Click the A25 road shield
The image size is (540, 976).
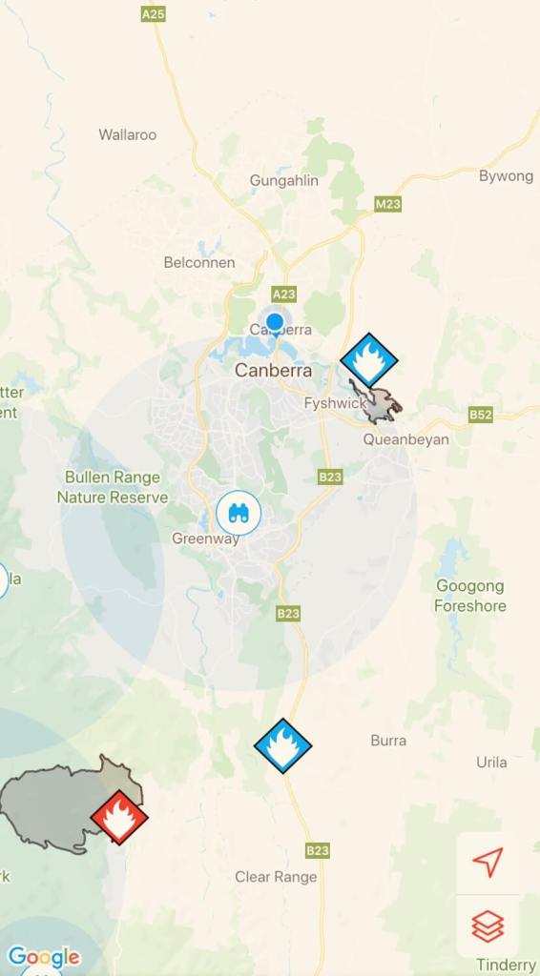pyautogui.click(x=153, y=14)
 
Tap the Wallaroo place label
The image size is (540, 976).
pyautogui.click(x=127, y=134)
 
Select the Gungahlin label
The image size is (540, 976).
pyautogui.click(x=283, y=180)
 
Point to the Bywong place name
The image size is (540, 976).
pyautogui.click(x=506, y=176)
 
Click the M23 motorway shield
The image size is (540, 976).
pyautogui.click(x=387, y=204)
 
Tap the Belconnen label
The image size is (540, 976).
pyautogui.click(x=199, y=262)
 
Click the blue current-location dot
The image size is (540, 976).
pyautogui.click(x=275, y=321)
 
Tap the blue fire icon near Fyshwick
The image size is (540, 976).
pyautogui.click(x=368, y=360)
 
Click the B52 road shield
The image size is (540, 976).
pyautogui.click(x=481, y=415)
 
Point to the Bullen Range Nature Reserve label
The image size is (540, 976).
pyautogui.click(x=113, y=487)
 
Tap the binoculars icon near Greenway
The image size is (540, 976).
pyautogui.click(x=239, y=514)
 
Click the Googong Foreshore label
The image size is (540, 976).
pyautogui.click(x=470, y=596)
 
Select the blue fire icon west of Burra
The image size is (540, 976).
pyautogui.click(x=283, y=745)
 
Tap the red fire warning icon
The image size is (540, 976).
pyautogui.click(x=118, y=817)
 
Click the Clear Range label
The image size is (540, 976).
pyautogui.click(x=276, y=877)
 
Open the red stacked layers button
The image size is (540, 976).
pyautogui.click(x=488, y=925)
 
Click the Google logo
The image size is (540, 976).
pyautogui.click(x=44, y=957)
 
